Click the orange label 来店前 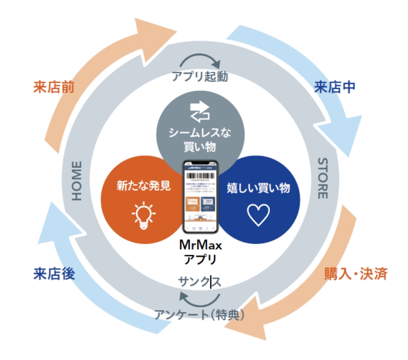pyautogui.click(x=53, y=86)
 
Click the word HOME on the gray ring pyautogui.click(x=77, y=180)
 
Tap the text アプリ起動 pyautogui.click(x=200, y=77)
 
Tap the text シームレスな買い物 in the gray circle pyautogui.click(x=200, y=140)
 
